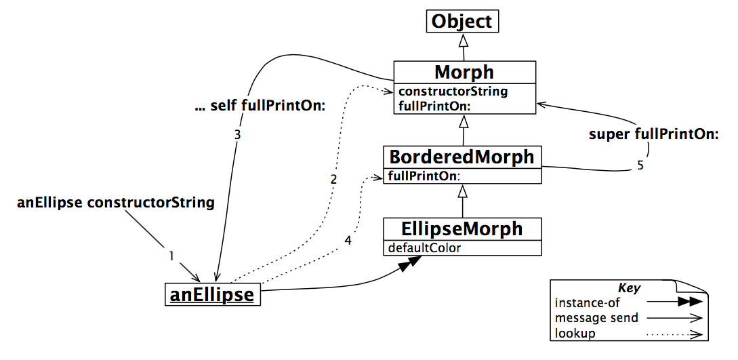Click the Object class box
coord(462,21)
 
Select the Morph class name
coord(464,72)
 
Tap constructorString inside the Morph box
coord(453,91)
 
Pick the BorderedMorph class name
coord(462,157)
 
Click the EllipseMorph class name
coord(462,228)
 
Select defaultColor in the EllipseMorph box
coord(424,247)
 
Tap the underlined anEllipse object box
coord(212,294)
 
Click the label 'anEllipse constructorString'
coord(115,202)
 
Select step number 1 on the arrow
coord(171,256)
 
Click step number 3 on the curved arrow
coord(237,135)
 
